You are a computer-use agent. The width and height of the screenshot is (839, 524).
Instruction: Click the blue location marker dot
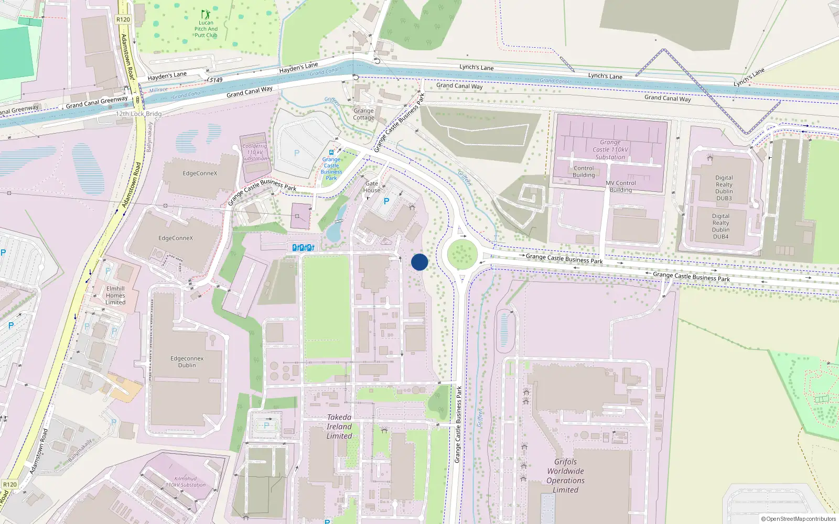point(419,262)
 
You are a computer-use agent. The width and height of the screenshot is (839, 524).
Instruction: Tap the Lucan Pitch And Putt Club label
point(206,29)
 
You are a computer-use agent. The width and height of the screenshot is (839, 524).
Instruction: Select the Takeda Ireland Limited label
point(339,427)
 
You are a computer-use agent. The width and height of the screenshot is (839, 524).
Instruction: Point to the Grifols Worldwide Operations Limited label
point(565,476)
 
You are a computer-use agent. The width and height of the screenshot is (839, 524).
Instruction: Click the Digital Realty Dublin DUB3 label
point(724,188)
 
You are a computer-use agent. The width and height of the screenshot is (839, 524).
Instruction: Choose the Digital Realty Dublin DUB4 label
point(720,226)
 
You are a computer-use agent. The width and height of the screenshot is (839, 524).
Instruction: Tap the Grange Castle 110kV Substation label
point(610,150)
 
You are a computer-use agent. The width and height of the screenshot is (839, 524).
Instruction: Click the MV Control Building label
point(621,187)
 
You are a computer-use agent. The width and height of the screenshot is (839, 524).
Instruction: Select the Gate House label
point(372,187)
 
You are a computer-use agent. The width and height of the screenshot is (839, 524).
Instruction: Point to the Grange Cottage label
point(363,114)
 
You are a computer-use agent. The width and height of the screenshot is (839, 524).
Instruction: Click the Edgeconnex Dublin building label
point(187,362)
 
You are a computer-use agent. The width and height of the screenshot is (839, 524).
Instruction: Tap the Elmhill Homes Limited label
point(115,296)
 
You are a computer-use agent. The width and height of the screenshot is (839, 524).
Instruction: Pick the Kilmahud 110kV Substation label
point(186,482)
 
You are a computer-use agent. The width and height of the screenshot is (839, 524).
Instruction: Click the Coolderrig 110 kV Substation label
point(255,152)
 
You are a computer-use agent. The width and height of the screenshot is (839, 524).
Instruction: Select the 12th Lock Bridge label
point(138,114)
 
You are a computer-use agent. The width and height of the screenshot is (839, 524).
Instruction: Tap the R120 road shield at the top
point(123,19)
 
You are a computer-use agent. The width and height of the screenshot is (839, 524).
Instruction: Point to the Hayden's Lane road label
point(167,76)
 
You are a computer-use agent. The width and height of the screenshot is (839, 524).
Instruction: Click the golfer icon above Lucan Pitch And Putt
point(206,14)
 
